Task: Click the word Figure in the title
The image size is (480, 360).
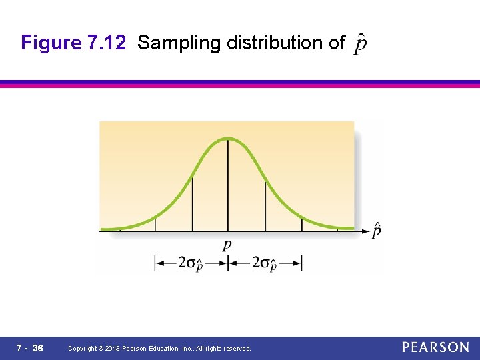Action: (x=51, y=43)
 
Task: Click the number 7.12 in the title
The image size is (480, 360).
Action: (x=106, y=43)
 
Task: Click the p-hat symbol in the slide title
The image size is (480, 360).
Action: (x=360, y=43)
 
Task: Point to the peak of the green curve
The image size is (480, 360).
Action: (x=228, y=139)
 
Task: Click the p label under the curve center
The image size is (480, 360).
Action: (x=228, y=245)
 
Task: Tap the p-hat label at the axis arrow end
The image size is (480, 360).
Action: (x=377, y=230)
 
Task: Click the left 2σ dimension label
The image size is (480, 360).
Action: (x=191, y=263)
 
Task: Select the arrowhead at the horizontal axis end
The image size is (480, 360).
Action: (x=366, y=231)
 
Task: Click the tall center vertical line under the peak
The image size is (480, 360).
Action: (x=228, y=187)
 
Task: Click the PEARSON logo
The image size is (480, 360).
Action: (x=435, y=347)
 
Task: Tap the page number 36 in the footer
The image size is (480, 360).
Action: (x=38, y=348)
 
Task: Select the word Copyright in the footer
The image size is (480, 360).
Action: (x=83, y=349)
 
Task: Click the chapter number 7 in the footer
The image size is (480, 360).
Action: (x=19, y=348)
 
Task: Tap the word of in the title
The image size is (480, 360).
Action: (x=331, y=43)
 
